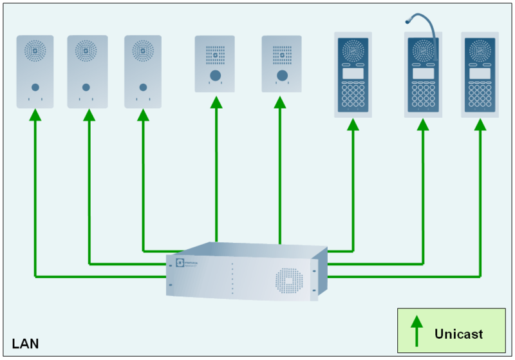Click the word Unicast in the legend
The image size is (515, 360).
click(x=458, y=334)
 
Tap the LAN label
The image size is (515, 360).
click(x=25, y=343)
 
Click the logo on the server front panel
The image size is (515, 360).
click(x=180, y=263)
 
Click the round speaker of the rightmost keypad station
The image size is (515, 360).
click(x=480, y=50)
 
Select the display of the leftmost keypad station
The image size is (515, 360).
click(x=353, y=73)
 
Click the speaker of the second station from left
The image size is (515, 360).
click(x=86, y=50)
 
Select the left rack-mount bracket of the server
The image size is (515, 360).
click(x=169, y=276)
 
